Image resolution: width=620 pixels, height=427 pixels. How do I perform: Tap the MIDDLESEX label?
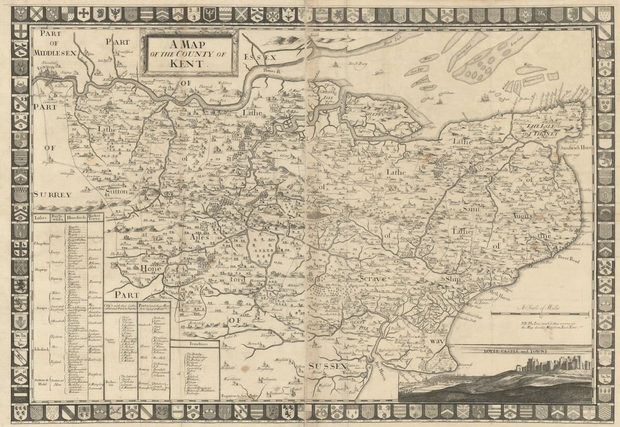tap(54, 52)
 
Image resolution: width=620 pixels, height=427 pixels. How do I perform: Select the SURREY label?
tap(52, 194)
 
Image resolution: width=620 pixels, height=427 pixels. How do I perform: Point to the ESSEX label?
tap(260, 57)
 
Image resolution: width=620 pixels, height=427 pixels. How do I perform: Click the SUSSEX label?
tap(327, 367)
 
